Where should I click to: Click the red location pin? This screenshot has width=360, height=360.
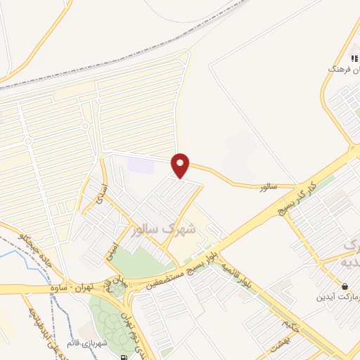(x=181, y=165)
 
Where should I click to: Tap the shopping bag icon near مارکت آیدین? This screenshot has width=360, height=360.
(x=345, y=286)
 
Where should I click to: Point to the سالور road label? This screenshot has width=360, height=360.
(x=268, y=187)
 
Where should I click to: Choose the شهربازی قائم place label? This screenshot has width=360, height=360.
(x=77, y=343)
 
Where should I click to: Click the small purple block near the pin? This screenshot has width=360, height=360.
(x=140, y=166)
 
